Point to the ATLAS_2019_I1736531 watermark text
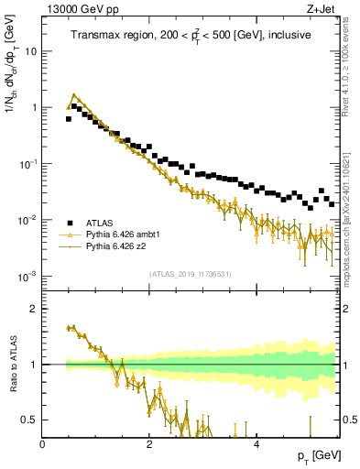coord(191,275)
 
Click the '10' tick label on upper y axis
coord(31,51)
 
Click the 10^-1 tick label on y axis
coord(29,163)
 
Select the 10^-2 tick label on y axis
coord(29,220)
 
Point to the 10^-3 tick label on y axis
coord(29,276)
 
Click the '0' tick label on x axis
coord(43,444)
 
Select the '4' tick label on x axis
coord(256,444)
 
